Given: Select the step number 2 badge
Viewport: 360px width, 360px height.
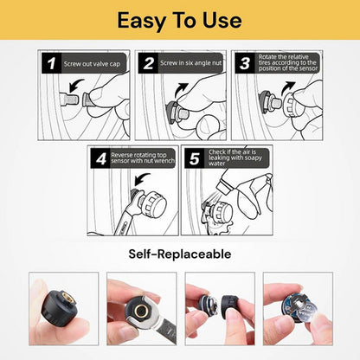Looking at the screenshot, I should pyautogui.click(x=149, y=63).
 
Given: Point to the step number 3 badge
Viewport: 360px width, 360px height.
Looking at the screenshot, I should pyautogui.click(x=244, y=63).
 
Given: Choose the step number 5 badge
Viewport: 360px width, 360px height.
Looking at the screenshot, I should pyautogui.click(x=194, y=158).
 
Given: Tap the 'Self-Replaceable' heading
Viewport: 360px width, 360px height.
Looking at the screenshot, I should pyautogui.click(x=180, y=254).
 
